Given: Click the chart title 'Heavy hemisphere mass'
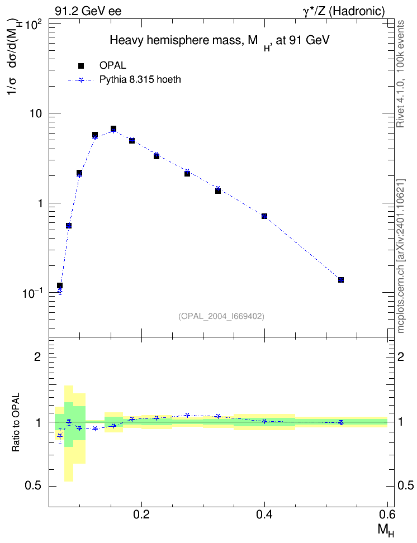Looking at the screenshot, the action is click(x=175, y=41).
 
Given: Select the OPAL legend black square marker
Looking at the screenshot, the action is click(x=81, y=66).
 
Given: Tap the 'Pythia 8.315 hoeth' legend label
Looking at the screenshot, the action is click(x=140, y=80).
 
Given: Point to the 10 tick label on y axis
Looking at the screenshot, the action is click(x=34, y=113).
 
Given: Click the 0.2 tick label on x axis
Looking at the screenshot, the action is click(x=141, y=515).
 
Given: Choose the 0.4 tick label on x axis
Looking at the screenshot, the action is click(x=264, y=515).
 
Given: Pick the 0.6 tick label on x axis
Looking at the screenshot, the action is click(x=387, y=515).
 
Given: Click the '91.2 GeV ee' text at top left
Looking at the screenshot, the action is click(x=88, y=11).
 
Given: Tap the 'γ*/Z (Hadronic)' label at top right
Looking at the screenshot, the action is click(x=344, y=11).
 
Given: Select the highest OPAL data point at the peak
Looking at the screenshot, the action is click(x=113, y=129).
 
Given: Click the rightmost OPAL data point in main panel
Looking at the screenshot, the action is click(x=341, y=279).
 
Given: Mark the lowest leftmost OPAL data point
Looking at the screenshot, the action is click(x=60, y=285).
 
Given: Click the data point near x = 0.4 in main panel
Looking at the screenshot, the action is click(x=264, y=216).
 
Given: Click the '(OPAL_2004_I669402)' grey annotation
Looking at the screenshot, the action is click(x=221, y=316).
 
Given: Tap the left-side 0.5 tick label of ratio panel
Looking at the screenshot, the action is click(x=33, y=486).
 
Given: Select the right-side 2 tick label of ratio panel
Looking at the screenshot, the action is click(x=401, y=356).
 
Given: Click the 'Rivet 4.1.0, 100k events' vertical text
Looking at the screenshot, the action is click(x=400, y=74).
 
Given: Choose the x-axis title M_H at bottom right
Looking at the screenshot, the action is click(x=386, y=530).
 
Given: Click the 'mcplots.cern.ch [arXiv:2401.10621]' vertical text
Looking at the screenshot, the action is click(x=401, y=256).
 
